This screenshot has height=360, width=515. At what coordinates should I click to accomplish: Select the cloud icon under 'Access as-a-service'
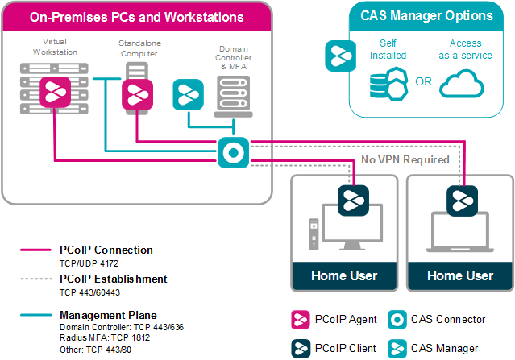click(465, 84)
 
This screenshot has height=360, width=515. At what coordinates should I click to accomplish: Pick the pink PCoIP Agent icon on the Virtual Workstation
click(53, 93)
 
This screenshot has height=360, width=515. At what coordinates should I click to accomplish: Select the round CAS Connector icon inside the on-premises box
click(233, 153)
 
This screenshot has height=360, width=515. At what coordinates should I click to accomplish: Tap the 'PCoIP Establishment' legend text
click(114, 279)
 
